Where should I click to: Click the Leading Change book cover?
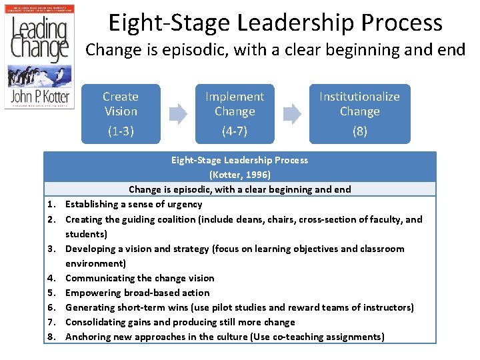[39, 71]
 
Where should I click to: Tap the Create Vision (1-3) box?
[121, 113]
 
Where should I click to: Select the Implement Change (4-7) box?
[235, 113]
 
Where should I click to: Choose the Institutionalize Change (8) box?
[359, 113]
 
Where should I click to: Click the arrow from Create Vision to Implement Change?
[178, 114]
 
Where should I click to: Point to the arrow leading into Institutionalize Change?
[292, 114]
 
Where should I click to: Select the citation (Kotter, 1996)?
[240, 175]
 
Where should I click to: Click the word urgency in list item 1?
[184, 205]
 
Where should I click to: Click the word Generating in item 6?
[91, 307]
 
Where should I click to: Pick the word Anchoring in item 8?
[89, 337]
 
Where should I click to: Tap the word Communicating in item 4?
[99, 278]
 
